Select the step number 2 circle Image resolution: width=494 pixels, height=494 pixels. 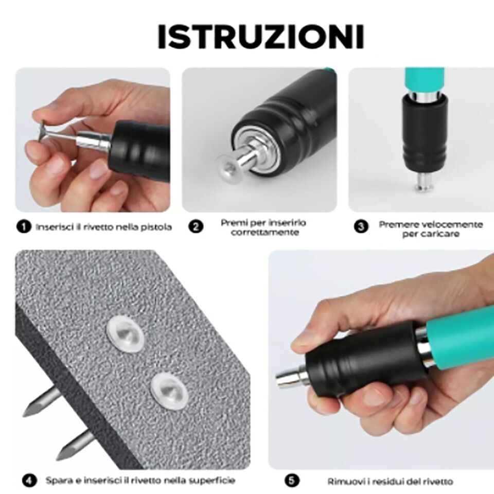[x=196, y=227]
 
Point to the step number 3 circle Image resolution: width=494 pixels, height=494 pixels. [x=362, y=227]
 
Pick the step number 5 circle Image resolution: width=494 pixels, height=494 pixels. [x=292, y=481]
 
